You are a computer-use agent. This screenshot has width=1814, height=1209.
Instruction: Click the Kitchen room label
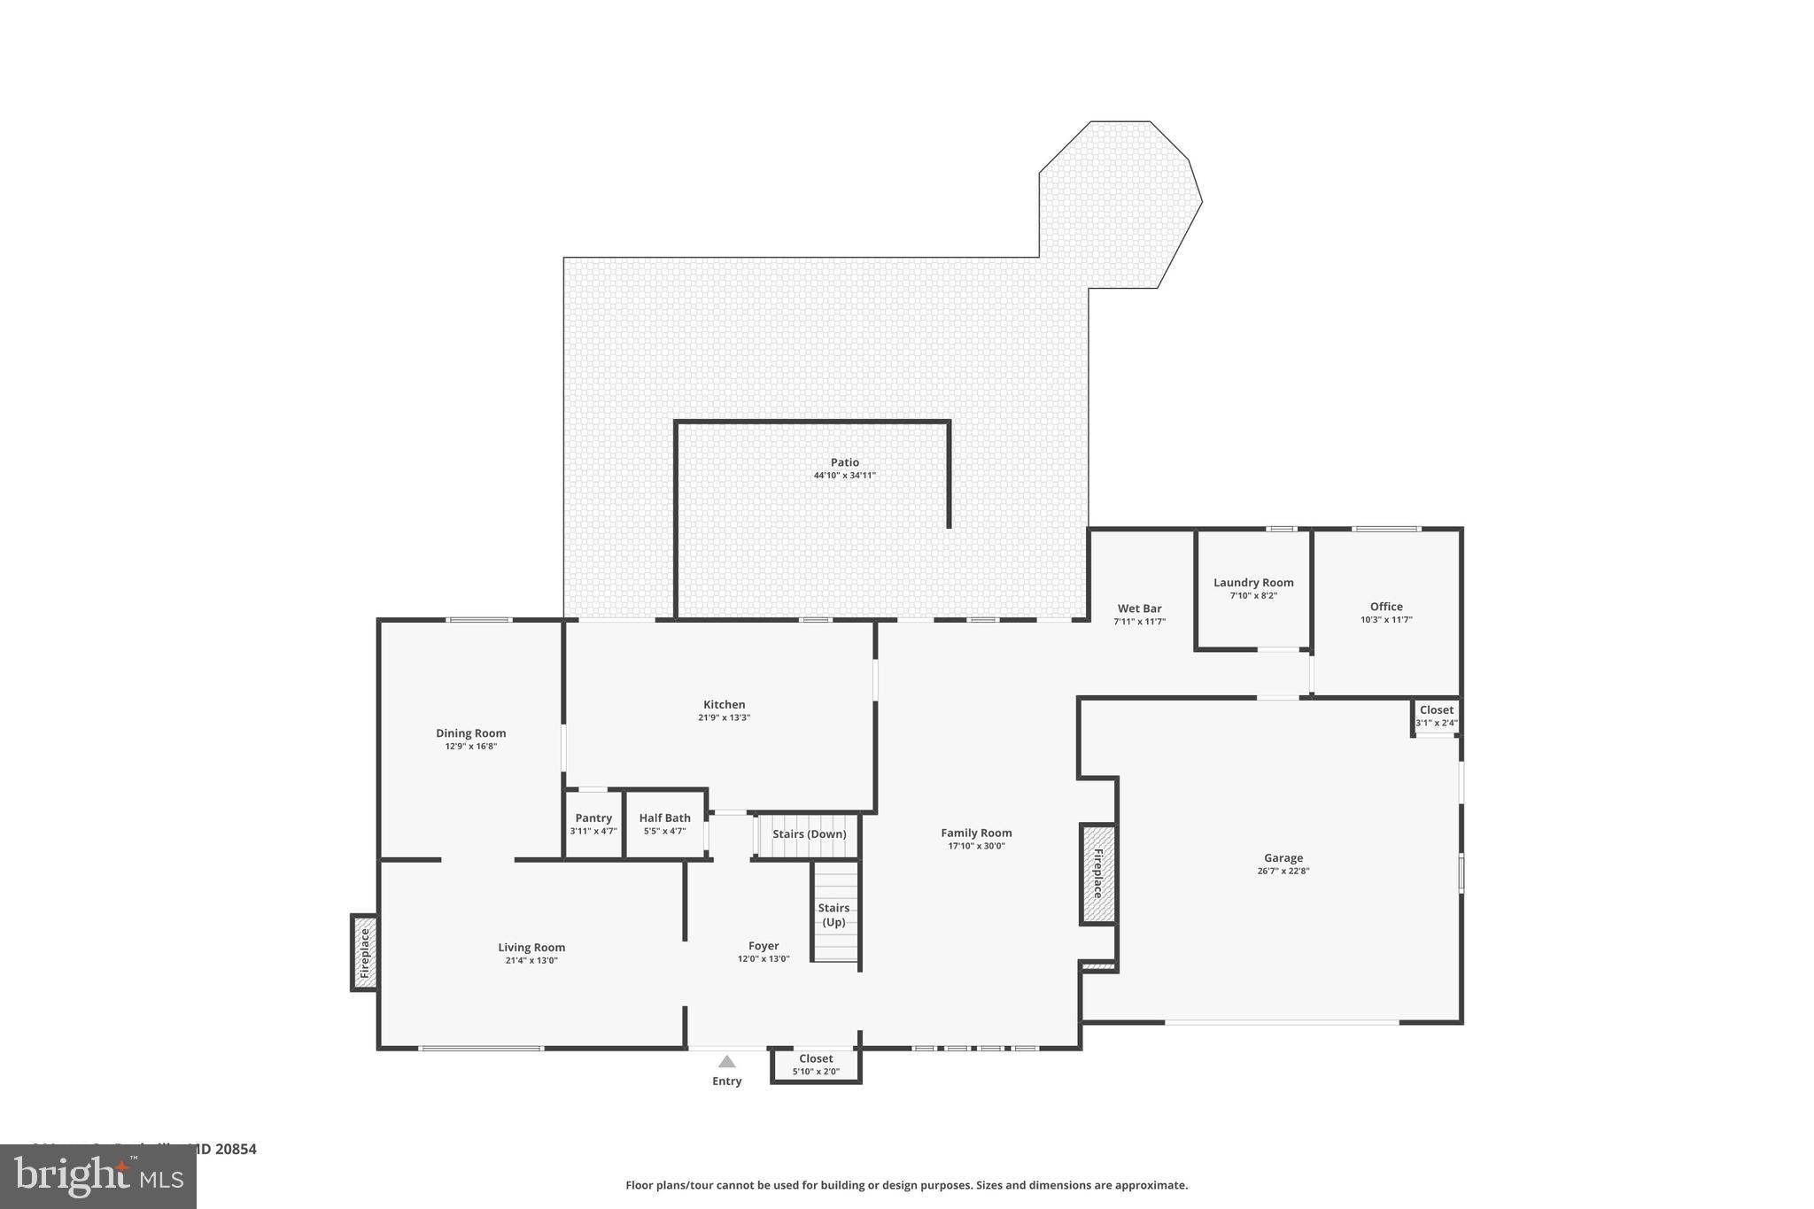coord(724,705)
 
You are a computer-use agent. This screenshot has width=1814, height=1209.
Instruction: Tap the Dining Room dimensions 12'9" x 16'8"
coord(470,747)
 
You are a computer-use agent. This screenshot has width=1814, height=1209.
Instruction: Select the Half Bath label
coord(664,818)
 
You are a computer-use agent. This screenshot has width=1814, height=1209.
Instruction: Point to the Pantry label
coord(593,818)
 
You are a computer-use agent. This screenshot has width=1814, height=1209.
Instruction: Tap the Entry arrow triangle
coord(727,1061)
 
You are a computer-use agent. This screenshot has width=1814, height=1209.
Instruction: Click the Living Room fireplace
coord(364,952)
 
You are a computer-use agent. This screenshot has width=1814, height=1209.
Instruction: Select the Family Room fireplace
coord(1098,873)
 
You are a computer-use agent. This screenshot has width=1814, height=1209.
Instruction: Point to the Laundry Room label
coord(1253,583)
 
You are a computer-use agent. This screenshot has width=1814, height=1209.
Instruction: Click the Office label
coord(1386,607)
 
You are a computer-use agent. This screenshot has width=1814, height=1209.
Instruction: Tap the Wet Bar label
coord(1139,608)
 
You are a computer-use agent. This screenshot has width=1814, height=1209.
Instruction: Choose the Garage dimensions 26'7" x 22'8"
coord(1283,871)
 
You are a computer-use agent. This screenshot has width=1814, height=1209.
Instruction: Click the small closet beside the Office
coord(1436,717)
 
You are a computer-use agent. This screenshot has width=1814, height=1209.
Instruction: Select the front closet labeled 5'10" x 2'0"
coord(816,1065)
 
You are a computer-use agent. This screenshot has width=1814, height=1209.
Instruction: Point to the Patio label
coord(844,462)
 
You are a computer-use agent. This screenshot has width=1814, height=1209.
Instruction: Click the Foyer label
coord(764,946)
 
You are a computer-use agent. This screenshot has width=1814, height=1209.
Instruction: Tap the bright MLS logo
coord(98,1176)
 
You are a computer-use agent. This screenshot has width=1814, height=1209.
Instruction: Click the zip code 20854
coord(235,1150)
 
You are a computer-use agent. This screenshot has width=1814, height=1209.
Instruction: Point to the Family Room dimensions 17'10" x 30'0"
coord(976,846)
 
